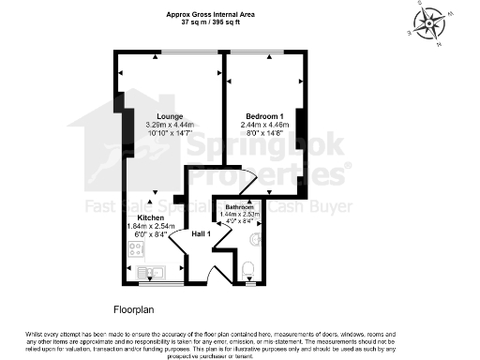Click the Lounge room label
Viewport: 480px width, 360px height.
157,116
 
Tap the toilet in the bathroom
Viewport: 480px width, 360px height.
247,271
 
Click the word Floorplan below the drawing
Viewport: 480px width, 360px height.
134,307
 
